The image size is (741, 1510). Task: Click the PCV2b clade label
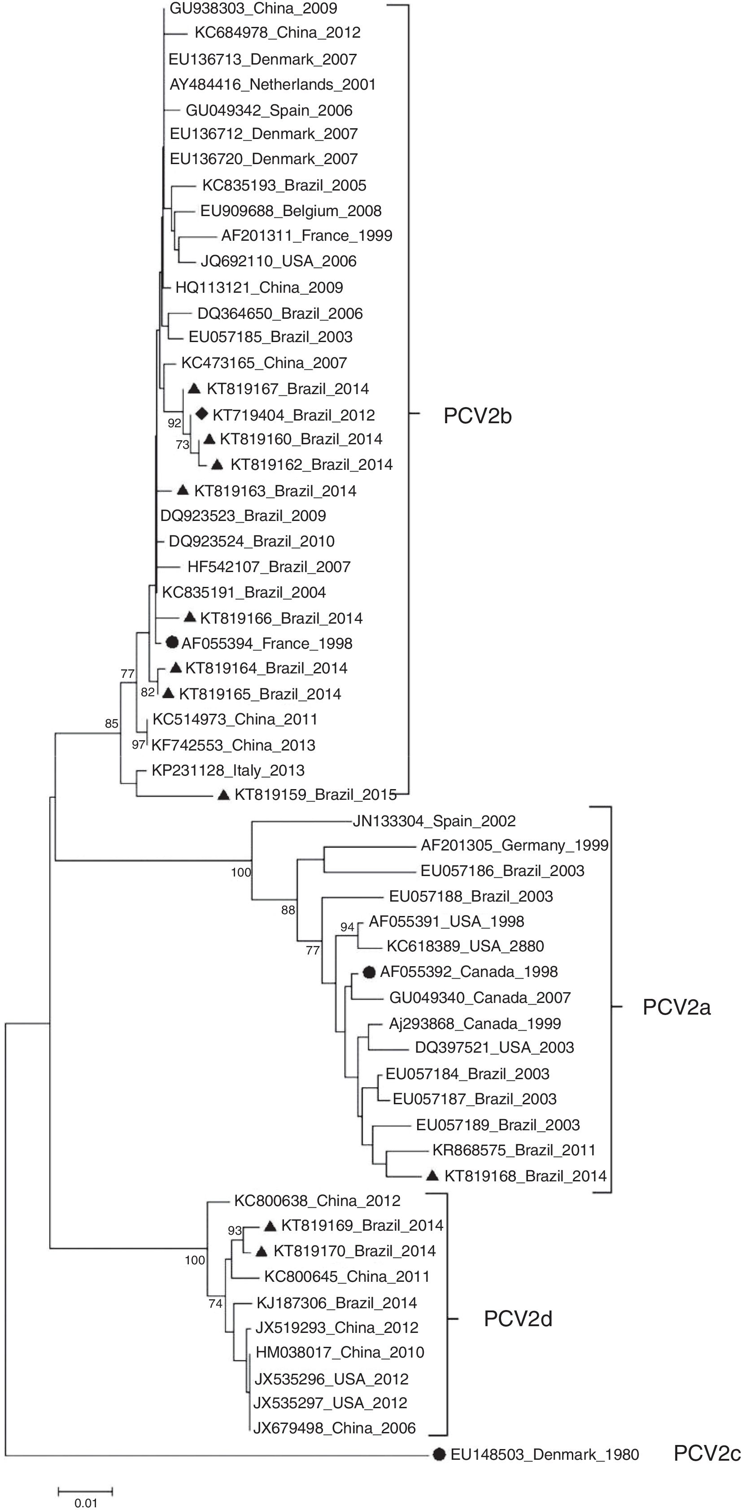click(x=477, y=416)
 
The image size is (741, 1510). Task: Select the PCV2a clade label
click(x=676, y=1007)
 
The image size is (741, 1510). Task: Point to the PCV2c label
click(x=707, y=1454)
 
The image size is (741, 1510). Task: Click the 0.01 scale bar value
click(x=86, y=1503)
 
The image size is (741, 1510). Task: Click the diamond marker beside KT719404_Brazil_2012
click(x=202, y=414)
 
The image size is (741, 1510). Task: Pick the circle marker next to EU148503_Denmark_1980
click(x=439, y=1454)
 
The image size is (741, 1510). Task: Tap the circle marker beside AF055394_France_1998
click(x=172, y=642)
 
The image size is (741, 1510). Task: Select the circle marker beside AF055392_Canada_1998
click(x=369, y=972)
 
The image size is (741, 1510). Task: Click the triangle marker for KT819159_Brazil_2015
click(x=223, y=795)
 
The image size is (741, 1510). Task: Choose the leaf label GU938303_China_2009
click(x=253, y=8)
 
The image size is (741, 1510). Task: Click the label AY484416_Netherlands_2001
click(x=273, y=84)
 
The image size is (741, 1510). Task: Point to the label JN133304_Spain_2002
click(x=434, y=820)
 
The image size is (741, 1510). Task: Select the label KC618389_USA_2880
click(x=465, y=946)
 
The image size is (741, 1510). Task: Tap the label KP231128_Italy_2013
click(x=228, y=770)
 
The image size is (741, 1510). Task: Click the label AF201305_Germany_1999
click(x=514, y=845)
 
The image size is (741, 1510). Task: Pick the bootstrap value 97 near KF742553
click(x=138, y=745)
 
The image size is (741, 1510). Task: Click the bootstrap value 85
click(x=111, y=723)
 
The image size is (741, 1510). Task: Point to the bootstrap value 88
click(x=288, y=910)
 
